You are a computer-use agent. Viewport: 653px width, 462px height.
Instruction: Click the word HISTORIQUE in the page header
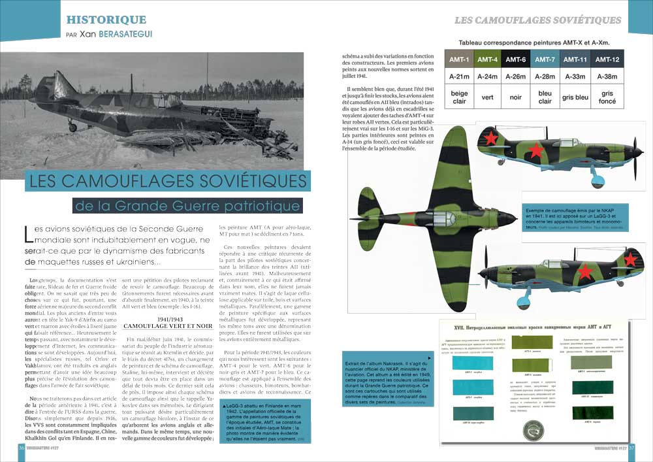106,20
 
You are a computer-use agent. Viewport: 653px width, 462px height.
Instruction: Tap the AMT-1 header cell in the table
460,59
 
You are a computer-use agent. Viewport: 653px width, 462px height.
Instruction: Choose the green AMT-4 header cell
487,59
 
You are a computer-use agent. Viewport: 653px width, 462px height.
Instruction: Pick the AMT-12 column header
607,59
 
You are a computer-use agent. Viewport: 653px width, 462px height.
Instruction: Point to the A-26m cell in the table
515,76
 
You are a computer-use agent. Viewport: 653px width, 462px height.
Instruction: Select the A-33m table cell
575,76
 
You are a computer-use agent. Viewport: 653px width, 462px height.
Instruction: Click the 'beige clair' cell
460,97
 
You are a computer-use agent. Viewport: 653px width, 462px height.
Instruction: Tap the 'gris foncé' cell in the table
607,97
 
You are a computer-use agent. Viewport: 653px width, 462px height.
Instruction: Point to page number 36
22,447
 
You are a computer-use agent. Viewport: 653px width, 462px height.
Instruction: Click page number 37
631,447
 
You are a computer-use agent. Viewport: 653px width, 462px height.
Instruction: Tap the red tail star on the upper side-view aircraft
489,138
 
